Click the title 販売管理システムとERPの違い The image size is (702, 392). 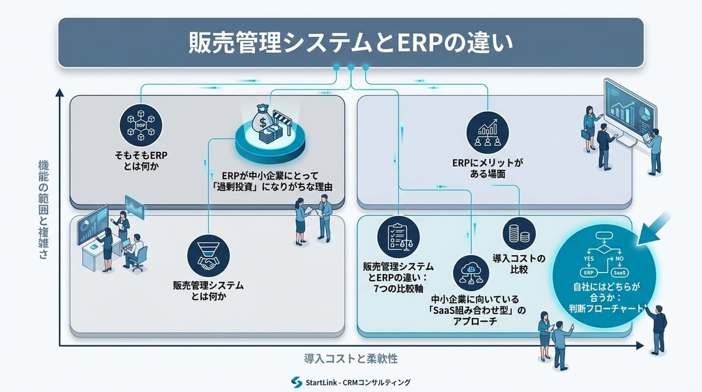pyautogui.click(x=350, y=42)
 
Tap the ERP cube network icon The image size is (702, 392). pyautogui.click(x=140, y=126)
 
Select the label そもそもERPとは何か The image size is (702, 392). pyautogui.click(x=140, y=161)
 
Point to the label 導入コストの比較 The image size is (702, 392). pyautogui.click(x=518, y=263)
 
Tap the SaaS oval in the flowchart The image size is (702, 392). pyautogui.click(x=619, y=273)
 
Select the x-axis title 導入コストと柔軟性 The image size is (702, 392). pyautogui.click(x=350, y=359)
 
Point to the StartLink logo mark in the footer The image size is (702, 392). pyautogui.click(x=296, y=382)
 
